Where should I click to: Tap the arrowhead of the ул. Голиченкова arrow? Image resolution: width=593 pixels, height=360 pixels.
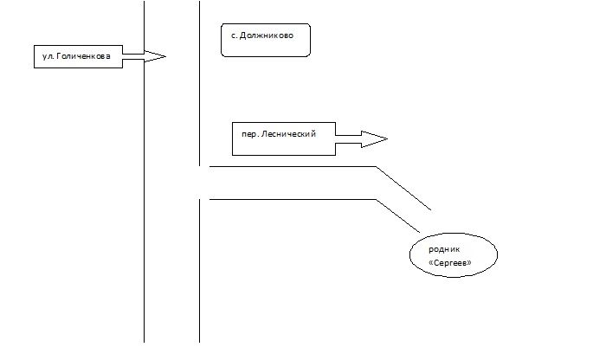click(155, 56)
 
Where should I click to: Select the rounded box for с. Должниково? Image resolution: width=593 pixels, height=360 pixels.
click(265, 40)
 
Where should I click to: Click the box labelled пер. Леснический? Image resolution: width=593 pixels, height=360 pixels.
click(283, 138)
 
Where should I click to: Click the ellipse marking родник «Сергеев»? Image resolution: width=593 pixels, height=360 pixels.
click(454, 254)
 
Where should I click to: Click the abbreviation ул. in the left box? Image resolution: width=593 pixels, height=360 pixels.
click(48, 56)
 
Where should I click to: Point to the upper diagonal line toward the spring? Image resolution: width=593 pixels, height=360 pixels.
click(403, 188)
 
